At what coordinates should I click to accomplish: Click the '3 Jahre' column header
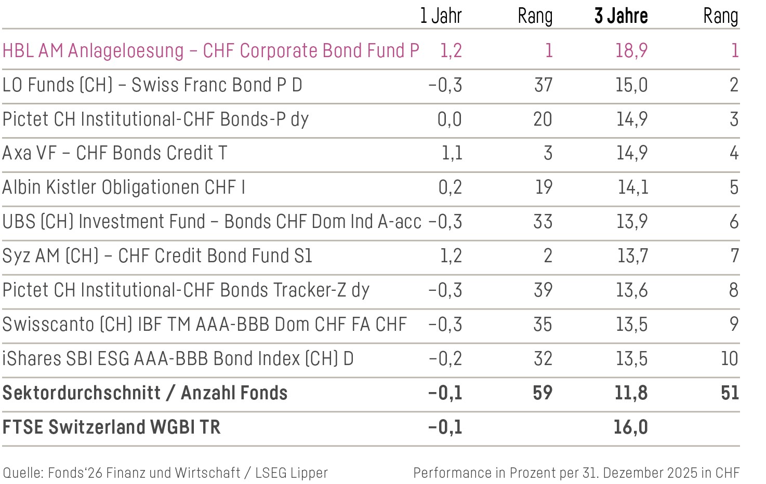click(621, 16)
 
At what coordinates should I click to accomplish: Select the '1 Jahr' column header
click(441, 16)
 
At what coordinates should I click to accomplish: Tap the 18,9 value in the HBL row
click(631, 51)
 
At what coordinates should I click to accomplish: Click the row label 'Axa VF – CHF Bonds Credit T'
click(115, 153)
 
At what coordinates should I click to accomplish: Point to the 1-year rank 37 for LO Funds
click(543, 85)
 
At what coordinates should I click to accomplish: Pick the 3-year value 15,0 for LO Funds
click(631, 85)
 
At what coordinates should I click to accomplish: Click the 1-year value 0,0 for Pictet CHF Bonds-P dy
click(450, 119)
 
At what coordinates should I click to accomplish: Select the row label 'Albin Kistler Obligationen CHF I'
click(124, 187)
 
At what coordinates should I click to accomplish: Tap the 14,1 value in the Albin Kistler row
click(633, 187)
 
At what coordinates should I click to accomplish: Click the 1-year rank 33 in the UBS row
click(543, 222)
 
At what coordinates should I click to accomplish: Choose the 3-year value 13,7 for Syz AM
click(632, 256)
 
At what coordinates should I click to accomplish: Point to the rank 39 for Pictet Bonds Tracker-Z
click(543, 290)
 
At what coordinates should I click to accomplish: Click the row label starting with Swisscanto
click(204, 325)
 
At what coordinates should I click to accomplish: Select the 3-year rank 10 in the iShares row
click(730, 359)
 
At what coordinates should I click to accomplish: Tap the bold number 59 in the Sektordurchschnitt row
click(543, 393)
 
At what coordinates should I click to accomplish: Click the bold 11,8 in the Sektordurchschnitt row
click(631, 393)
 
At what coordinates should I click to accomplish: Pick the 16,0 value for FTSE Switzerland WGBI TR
click(631, 427)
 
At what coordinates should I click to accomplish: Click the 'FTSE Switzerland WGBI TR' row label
click(111, 427)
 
